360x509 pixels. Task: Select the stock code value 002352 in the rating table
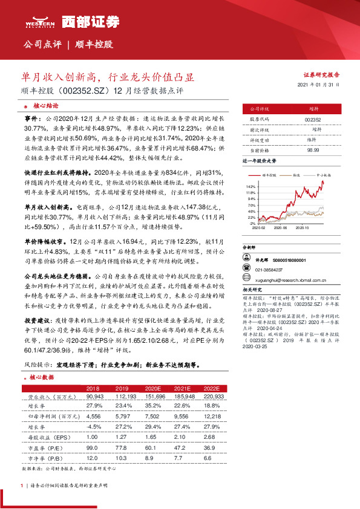coord(313,120)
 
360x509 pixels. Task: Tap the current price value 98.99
coord(313,148)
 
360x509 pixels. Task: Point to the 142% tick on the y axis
coord(252,187)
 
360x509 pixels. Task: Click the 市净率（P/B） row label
coord(48,459)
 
